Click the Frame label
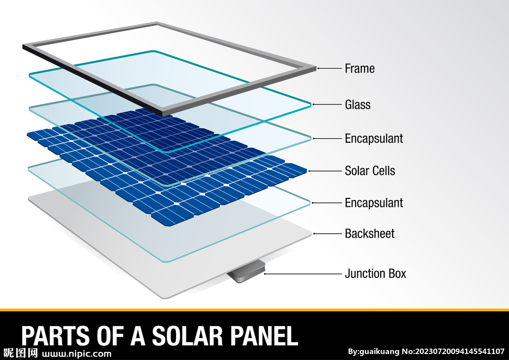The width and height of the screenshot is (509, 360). pos(359,69)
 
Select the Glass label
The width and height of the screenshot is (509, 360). pos(357,104)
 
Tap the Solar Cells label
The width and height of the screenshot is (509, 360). pos(370,171)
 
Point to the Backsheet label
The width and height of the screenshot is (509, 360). pos(369,234)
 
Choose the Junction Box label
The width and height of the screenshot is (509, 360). pos(375,273)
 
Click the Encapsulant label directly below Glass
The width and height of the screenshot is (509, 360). pos(374,139)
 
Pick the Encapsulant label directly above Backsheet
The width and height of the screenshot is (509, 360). pos(374,203)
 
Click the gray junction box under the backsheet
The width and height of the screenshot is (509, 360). pos(246,271)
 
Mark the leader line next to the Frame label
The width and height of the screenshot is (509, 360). pos(330,68)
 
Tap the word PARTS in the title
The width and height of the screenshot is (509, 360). pos(55,336)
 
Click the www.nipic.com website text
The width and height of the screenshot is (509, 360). pos(77,354)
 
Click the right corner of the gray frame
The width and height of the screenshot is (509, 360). pos(316,69)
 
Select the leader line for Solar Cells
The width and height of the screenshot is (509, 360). pos(325,171)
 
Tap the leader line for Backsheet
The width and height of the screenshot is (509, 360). pos(328,234)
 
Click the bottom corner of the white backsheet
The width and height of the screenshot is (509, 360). pos(166,298)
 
